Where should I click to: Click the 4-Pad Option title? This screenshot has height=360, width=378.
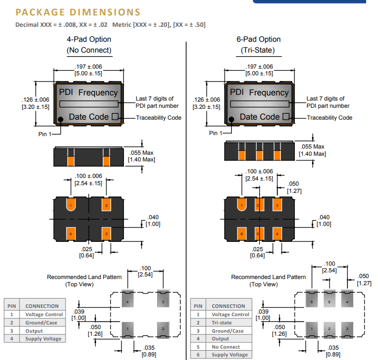pos(89,39)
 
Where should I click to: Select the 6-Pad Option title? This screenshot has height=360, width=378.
pos(258,39)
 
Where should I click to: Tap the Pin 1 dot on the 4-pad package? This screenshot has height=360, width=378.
pos(60,120)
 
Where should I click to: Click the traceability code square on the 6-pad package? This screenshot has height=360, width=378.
pos(286,117)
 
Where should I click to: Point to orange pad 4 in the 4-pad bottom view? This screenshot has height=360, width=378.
pos(71,234)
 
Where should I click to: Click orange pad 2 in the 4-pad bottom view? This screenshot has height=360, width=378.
pos(106,205)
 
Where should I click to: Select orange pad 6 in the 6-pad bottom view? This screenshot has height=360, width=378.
pos(241,234)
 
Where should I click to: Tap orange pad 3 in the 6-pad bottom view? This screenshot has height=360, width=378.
pos(277,205)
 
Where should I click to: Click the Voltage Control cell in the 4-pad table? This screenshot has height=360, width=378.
pos(44,314)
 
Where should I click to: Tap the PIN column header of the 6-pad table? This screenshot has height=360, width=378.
pos(198,306)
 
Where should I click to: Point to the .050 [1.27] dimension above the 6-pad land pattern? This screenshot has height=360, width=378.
pos(364,279)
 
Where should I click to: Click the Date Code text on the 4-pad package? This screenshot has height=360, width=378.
pos(89,117)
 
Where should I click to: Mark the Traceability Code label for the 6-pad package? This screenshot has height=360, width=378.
pos(329,118)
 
